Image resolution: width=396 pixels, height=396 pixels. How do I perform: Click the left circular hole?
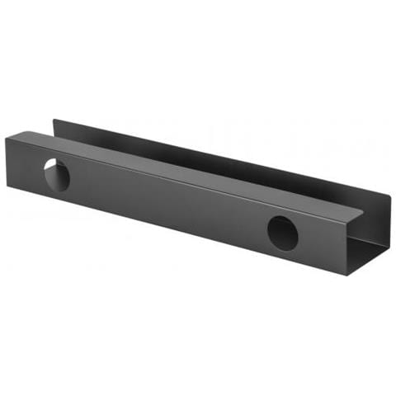[56, 173]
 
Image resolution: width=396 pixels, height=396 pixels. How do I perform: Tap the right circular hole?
[282, 233]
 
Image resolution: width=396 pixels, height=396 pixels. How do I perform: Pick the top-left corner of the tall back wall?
[54, 120]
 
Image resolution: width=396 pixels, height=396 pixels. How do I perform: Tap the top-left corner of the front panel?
[6, 139]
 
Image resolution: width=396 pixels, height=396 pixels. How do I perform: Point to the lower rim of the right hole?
[282, 249]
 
